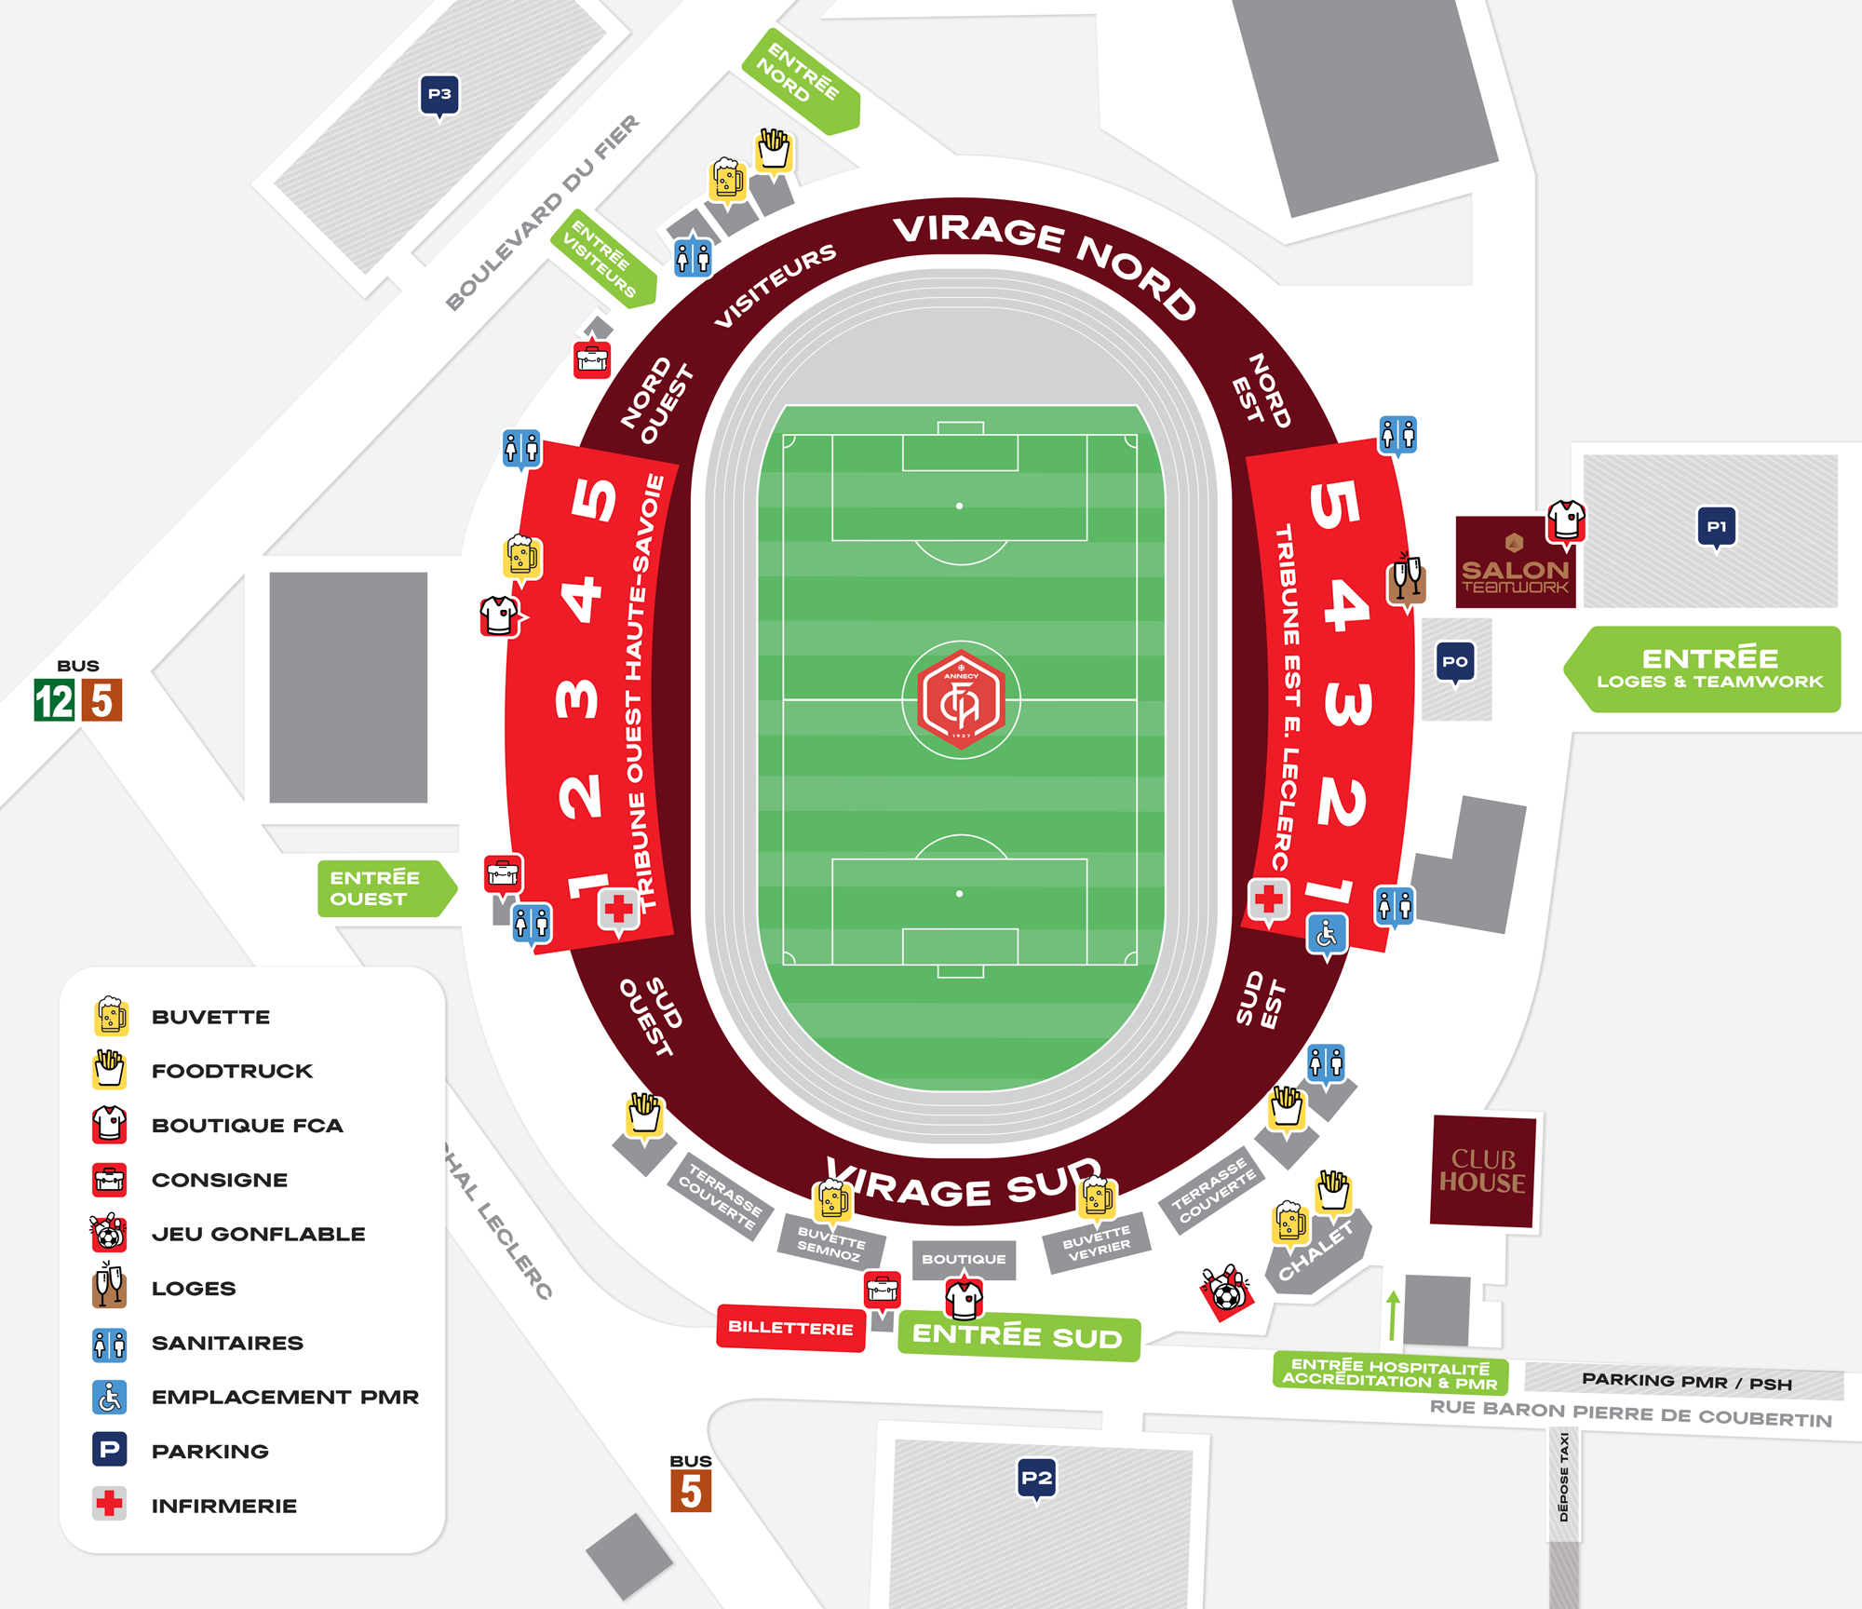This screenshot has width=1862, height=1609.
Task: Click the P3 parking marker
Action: click(439, 94)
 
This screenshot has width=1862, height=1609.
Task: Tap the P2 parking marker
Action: click(1036, 1478)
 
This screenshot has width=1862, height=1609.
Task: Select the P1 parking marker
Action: click(1716, 527)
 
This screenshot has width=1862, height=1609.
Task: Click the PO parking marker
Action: click(1455, 662)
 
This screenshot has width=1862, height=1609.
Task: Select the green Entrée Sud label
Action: click(1018, 1337)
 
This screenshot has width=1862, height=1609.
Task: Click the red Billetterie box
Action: click(790, 1328)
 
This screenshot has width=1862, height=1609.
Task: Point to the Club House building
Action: click(1482, 1171)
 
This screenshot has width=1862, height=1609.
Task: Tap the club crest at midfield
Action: click(961, 699)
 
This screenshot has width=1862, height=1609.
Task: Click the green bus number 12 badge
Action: click(54, 701)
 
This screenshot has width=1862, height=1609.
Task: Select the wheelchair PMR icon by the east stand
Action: click(1327, 934)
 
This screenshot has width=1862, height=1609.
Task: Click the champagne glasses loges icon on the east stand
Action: click(1406, 579)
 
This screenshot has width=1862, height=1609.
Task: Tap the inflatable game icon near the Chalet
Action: click(1226, 1291)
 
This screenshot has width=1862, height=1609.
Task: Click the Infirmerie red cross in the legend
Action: click(109, 1504)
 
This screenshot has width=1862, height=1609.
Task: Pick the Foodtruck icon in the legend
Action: click(109, 1070)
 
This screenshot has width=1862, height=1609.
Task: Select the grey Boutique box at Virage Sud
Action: click(964, 1259)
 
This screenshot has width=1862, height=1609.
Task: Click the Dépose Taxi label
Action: click(1564, 1476)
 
